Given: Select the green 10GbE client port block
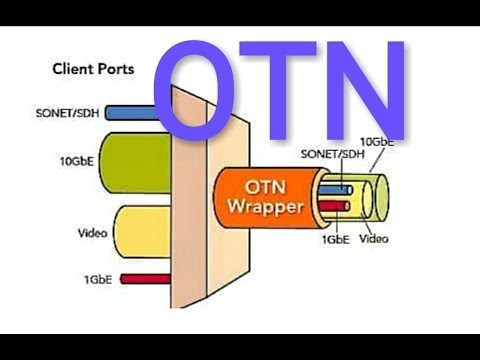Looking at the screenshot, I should click(x=140, y=161).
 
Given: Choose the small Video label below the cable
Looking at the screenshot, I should click(x=374, y=240).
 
